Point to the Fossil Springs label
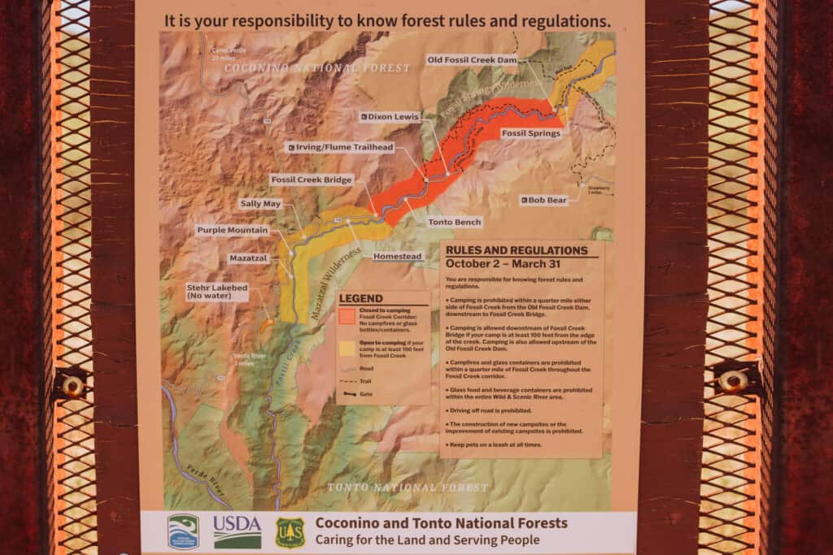coord(530,132)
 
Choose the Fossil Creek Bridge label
coord(312,179)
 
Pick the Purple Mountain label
coord(232,230)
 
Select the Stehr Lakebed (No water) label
coord(217,291)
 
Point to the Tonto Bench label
coord(455,222)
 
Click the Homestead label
coord(398,257)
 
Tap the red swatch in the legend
coord(347,315)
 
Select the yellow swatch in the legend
coord(347,348)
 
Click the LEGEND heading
coord(360,298)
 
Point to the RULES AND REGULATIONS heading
coord(517,250)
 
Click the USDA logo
coord(238,531)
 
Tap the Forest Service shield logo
coord(290,532)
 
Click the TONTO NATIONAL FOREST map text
coord(407,488)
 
